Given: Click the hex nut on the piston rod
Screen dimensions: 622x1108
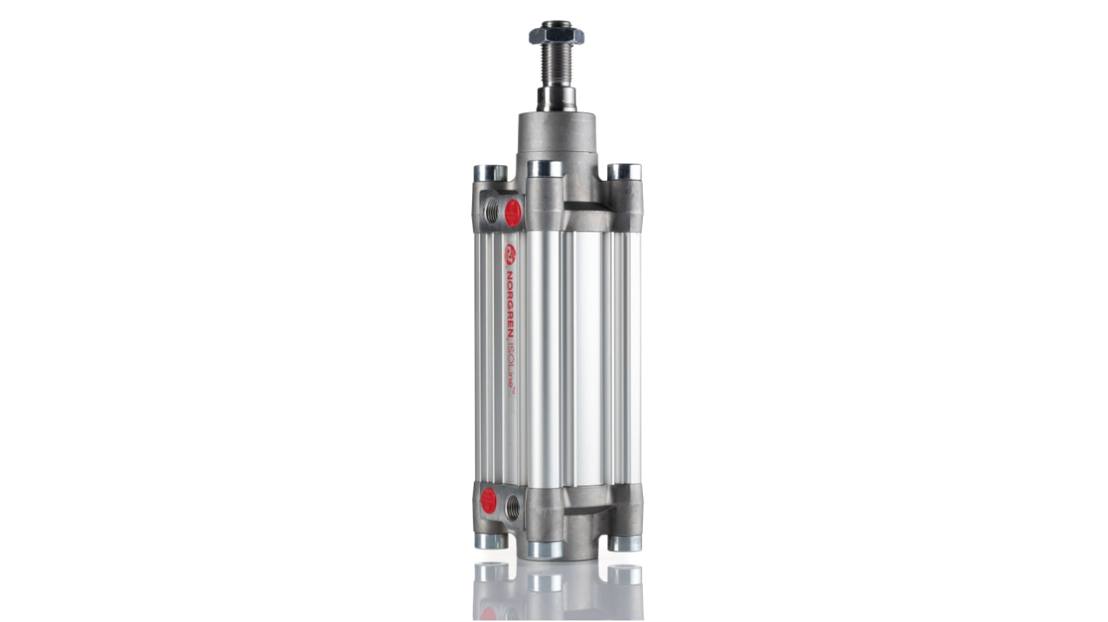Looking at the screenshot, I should [x=556, y=35].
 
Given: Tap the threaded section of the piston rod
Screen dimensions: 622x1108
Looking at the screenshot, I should [x=556, y=65].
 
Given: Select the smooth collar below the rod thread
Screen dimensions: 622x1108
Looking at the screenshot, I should [x=556, y=98].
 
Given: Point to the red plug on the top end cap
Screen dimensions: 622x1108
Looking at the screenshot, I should [x=513, y=213].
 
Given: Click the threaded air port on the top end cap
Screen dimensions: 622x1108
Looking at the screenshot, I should [x=492, y=209].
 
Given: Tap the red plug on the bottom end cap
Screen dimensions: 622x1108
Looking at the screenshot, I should [x=489, y=500].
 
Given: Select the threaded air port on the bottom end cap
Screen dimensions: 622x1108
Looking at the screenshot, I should [x=513, y=507].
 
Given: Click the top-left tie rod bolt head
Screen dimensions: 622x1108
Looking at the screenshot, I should [x=489, y=172].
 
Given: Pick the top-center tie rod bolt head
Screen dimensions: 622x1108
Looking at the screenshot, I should [x=545, y=168].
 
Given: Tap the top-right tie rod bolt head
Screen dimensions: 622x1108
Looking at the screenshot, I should [x=624, y=171].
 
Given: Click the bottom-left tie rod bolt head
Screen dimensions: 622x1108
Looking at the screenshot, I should [x=491, y=540].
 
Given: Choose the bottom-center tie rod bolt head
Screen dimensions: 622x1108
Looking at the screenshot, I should [x=545, y=549].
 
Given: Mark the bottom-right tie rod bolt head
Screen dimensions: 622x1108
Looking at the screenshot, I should [x=624, y=542].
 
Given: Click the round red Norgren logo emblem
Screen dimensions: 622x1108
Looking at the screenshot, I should [x=510, y=254].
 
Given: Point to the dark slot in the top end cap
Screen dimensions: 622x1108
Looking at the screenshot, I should [x=587, y=207].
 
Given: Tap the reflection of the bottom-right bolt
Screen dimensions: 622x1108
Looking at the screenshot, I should [x=624, y=574].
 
